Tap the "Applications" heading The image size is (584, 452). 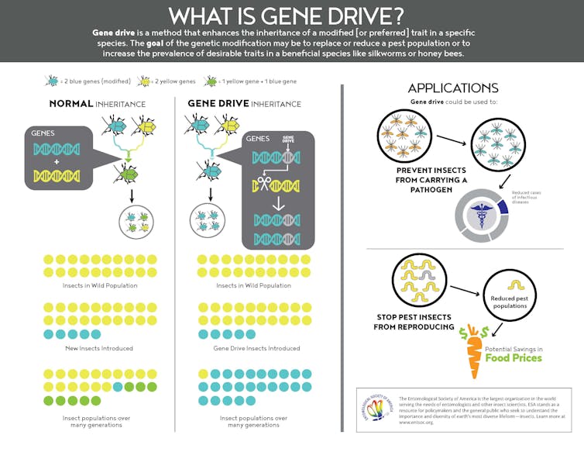tap(452, 88)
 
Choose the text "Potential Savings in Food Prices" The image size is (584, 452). tap(514, 354)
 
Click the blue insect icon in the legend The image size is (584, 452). tap(52, 81)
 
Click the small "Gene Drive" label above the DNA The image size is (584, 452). tap(289, 140)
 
